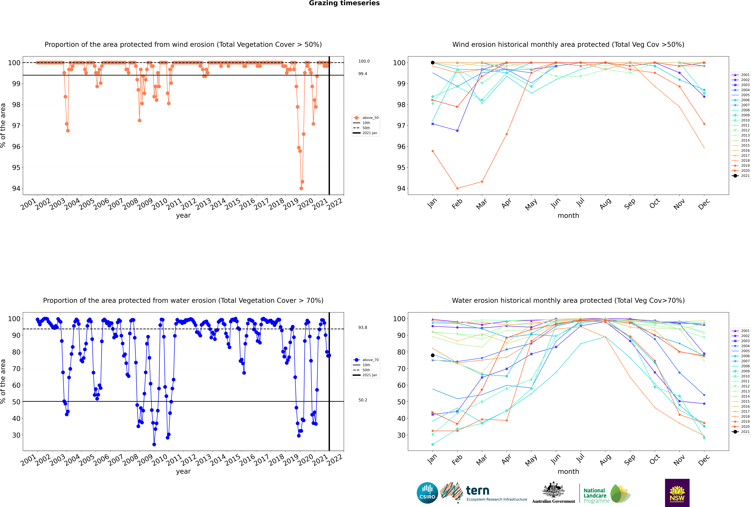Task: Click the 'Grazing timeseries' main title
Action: click(x=344, y=3)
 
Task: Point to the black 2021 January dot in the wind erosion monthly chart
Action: click(x=433, y=63)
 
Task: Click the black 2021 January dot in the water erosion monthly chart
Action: click(x=433, y=355)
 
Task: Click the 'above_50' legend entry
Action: click(x=366, y=118)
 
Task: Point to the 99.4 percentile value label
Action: click(x=363, y=74)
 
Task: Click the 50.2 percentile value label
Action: click(x=363, y=400)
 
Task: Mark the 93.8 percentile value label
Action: click(x=363, y=328)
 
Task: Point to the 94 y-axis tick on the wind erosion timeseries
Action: click(x=16, y=188)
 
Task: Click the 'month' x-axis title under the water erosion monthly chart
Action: click(x=568, y=472)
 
